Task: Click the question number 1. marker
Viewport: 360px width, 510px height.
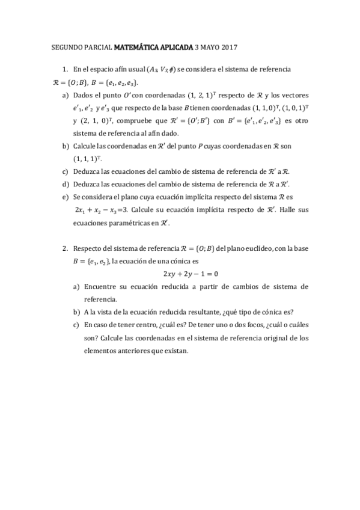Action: coord(66,70)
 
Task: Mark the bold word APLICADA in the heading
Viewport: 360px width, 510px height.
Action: coord(176,46)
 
